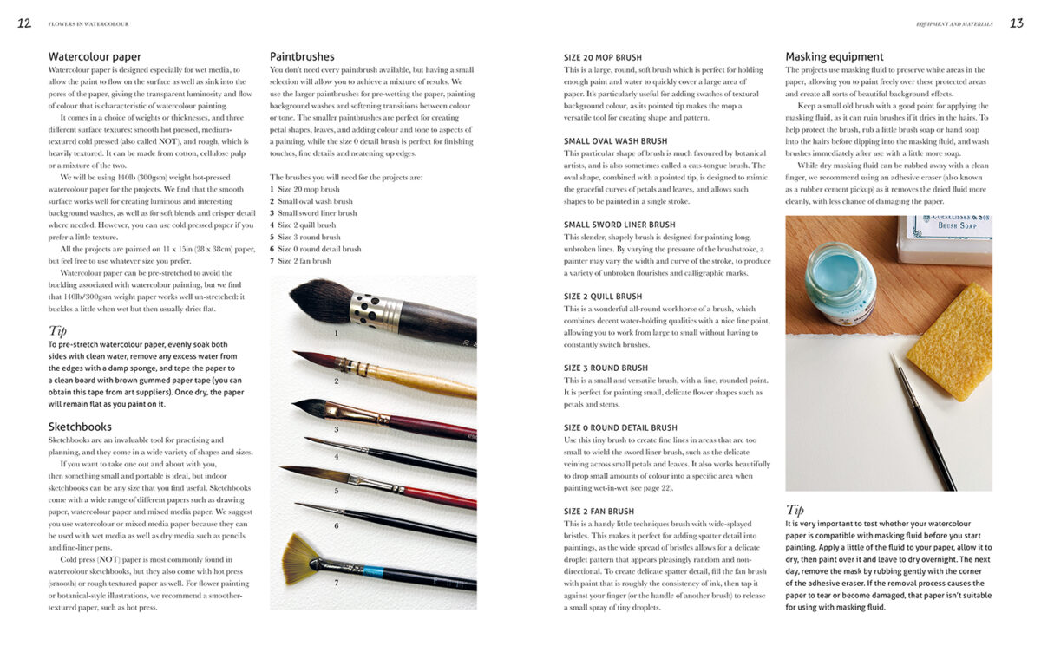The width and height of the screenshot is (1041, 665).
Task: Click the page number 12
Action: pyautogui.click(x=24, y=23)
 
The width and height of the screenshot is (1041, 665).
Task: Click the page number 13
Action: pyautogui.click(x=1017, y=23)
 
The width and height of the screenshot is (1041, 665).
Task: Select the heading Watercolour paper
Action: pyautogui.click(x=95, y=57)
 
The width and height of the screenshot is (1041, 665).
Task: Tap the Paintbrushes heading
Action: pyautogui.click(x=302, y=57)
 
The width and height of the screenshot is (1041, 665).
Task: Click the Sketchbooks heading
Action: pyautogui.click(x=80, y=427)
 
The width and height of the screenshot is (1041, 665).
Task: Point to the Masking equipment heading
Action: pyautogui.click(x=835, y=57)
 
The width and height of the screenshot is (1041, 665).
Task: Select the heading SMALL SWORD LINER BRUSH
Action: pyautogui.click(x=619, y=225)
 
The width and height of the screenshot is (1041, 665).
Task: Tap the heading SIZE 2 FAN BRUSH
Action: pyautogui.click(x=599, y=512)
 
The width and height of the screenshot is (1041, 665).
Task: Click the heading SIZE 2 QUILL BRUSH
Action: pyautogui.click(x=603, y=297)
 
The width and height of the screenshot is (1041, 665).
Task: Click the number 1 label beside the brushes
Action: pyautogui.click(x=337, y=331)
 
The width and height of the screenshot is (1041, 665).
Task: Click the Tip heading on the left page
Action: pyautogui.click(x=57, y=330)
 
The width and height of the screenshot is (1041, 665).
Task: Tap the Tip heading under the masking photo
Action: pyautogui.click(x=795, y=510)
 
